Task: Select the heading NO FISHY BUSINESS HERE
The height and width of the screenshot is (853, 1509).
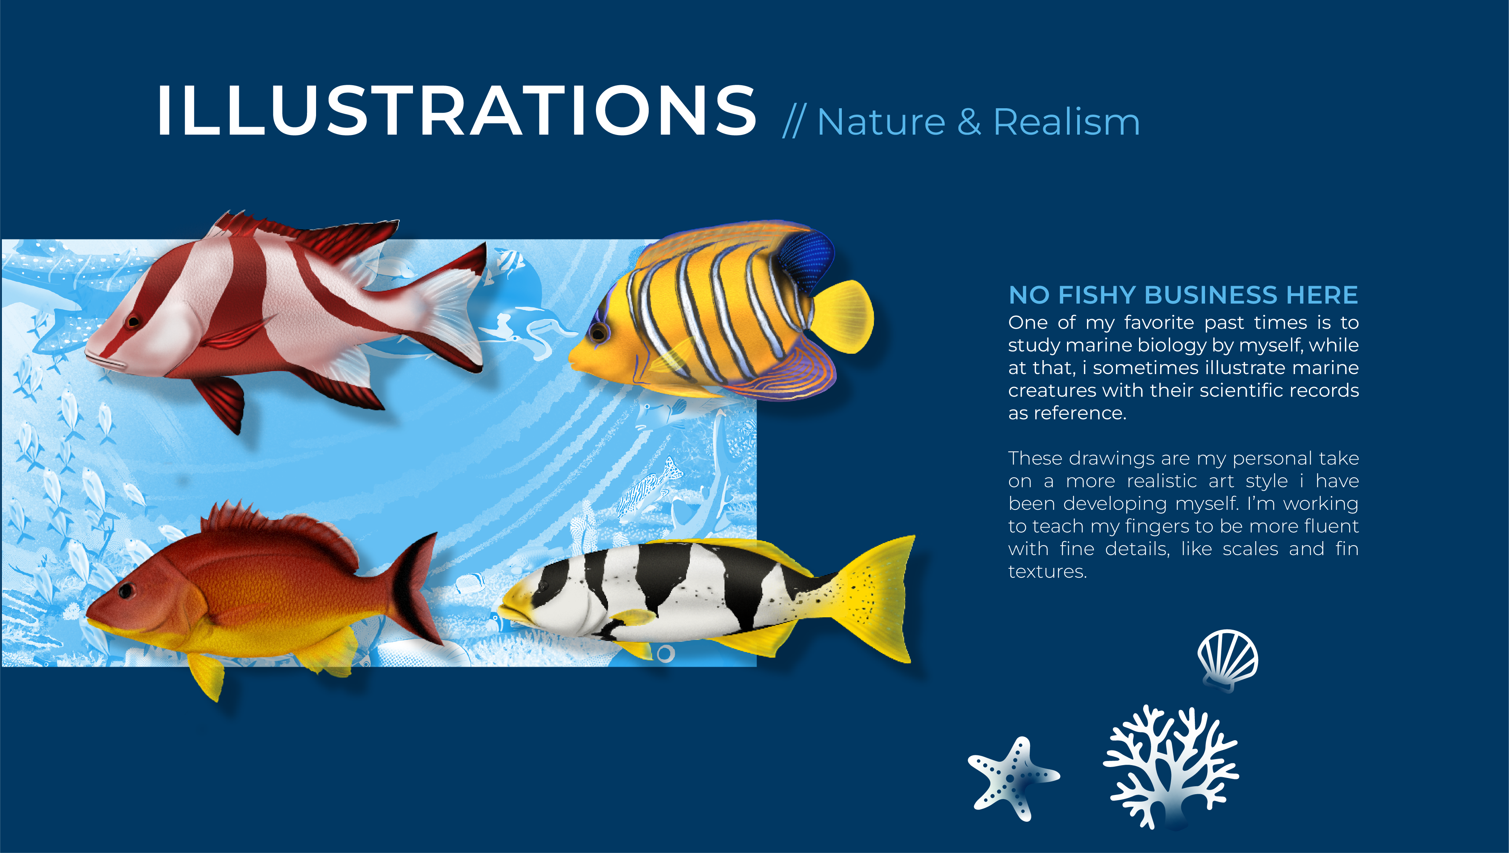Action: pyautogui.click(x=1183, y=295)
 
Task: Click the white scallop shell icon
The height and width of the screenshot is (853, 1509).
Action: pyautogui.click(x=1228, y=659)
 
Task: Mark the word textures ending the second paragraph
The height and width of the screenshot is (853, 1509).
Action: pyautogui.click(x=1047, y=572)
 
